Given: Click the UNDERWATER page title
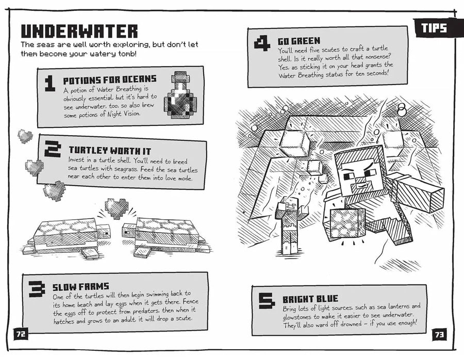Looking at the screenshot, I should point(79,31).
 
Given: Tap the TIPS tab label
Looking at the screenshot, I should point(435,28).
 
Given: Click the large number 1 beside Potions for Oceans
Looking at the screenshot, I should point(50,83).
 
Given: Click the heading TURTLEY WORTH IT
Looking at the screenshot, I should point(110,151).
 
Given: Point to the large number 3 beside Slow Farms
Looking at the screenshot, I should point(37,289).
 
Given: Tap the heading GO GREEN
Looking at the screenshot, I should point(299,41).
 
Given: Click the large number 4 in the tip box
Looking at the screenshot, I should point(262,43).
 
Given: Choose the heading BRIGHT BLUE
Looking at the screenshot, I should point(310,299).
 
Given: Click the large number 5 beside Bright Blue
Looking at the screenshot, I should point(267,301).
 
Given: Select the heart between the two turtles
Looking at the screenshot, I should point(117,208).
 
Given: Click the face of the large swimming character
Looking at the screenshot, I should point(359,174).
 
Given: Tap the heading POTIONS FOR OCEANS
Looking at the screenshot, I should point(109,80).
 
